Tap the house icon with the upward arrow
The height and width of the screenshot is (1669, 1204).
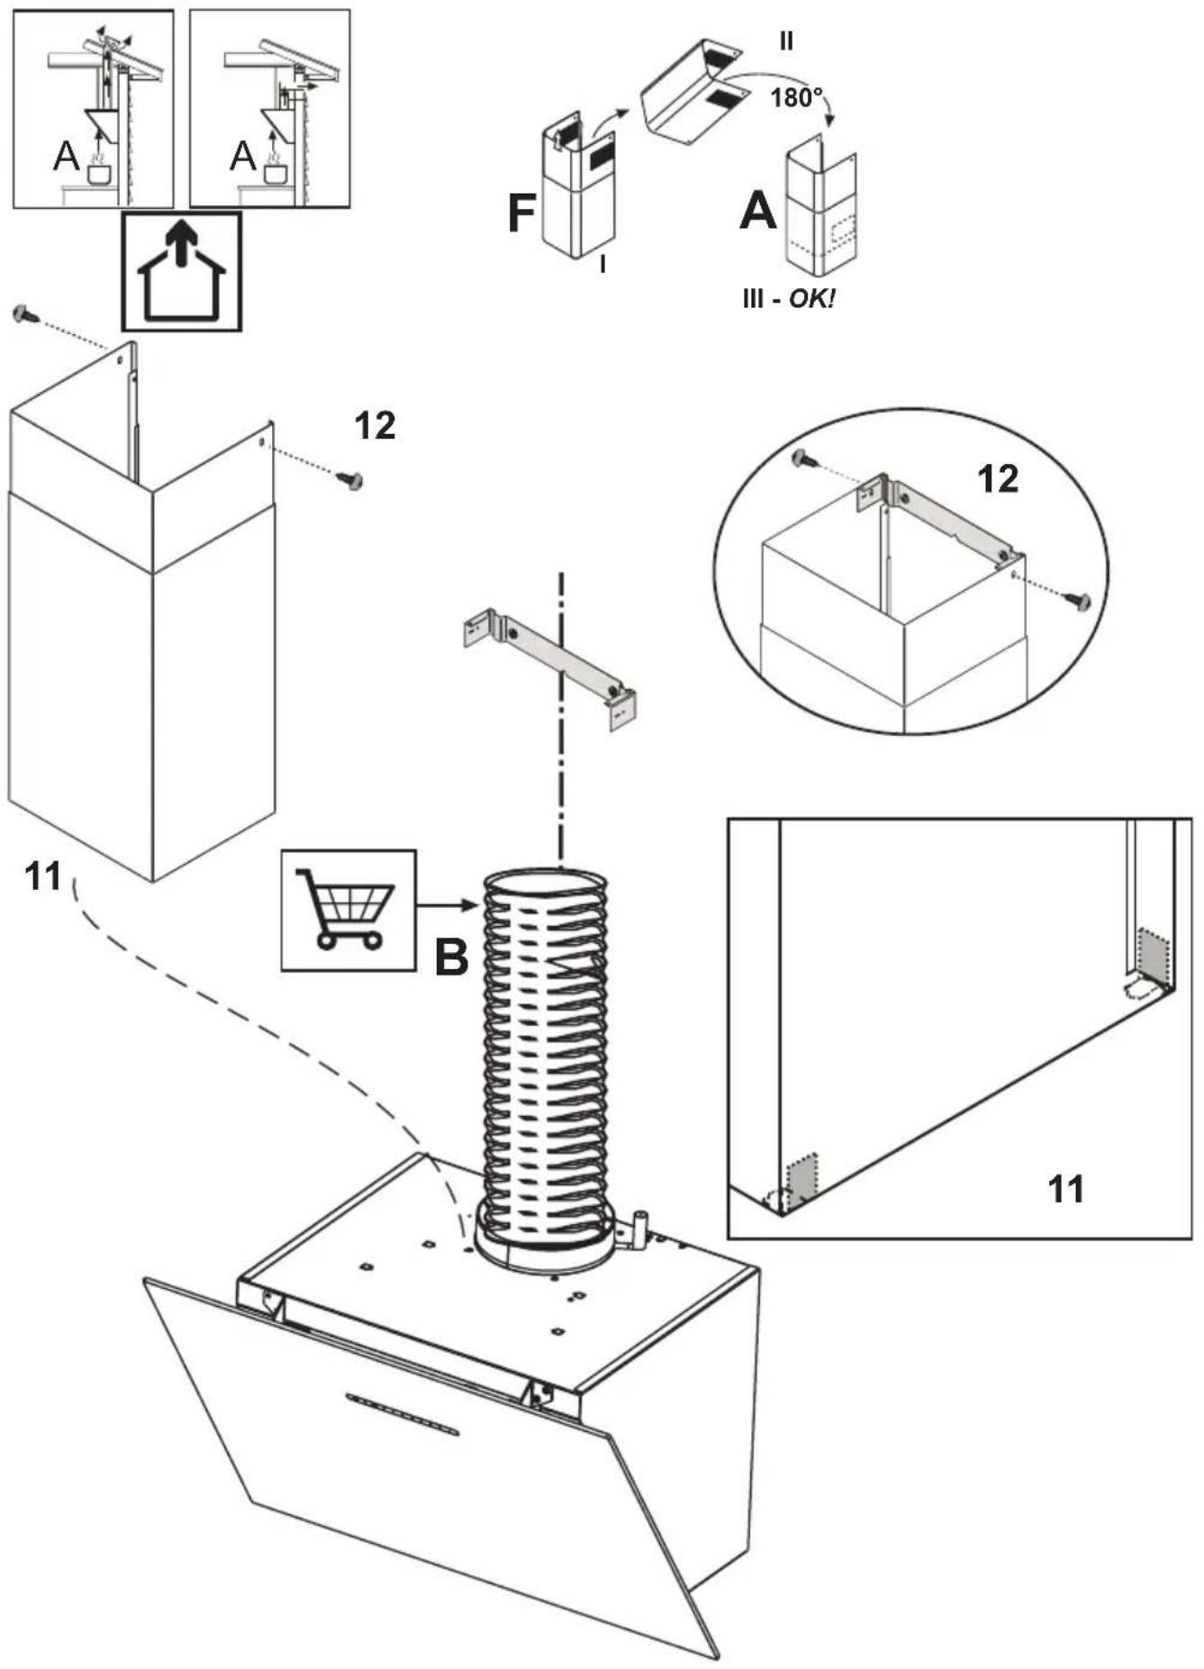182,271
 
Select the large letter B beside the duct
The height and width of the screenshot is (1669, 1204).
452,957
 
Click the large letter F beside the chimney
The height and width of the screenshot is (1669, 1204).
522,213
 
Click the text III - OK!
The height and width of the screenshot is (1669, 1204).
788,298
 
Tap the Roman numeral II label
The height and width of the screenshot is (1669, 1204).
786,41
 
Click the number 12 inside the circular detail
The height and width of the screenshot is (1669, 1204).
998,479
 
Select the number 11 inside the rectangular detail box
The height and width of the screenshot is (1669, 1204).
1066,1190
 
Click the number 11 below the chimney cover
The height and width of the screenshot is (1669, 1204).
43,875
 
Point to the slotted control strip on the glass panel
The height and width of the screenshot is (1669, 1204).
402,1414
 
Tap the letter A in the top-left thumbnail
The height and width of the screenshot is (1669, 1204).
66,157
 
